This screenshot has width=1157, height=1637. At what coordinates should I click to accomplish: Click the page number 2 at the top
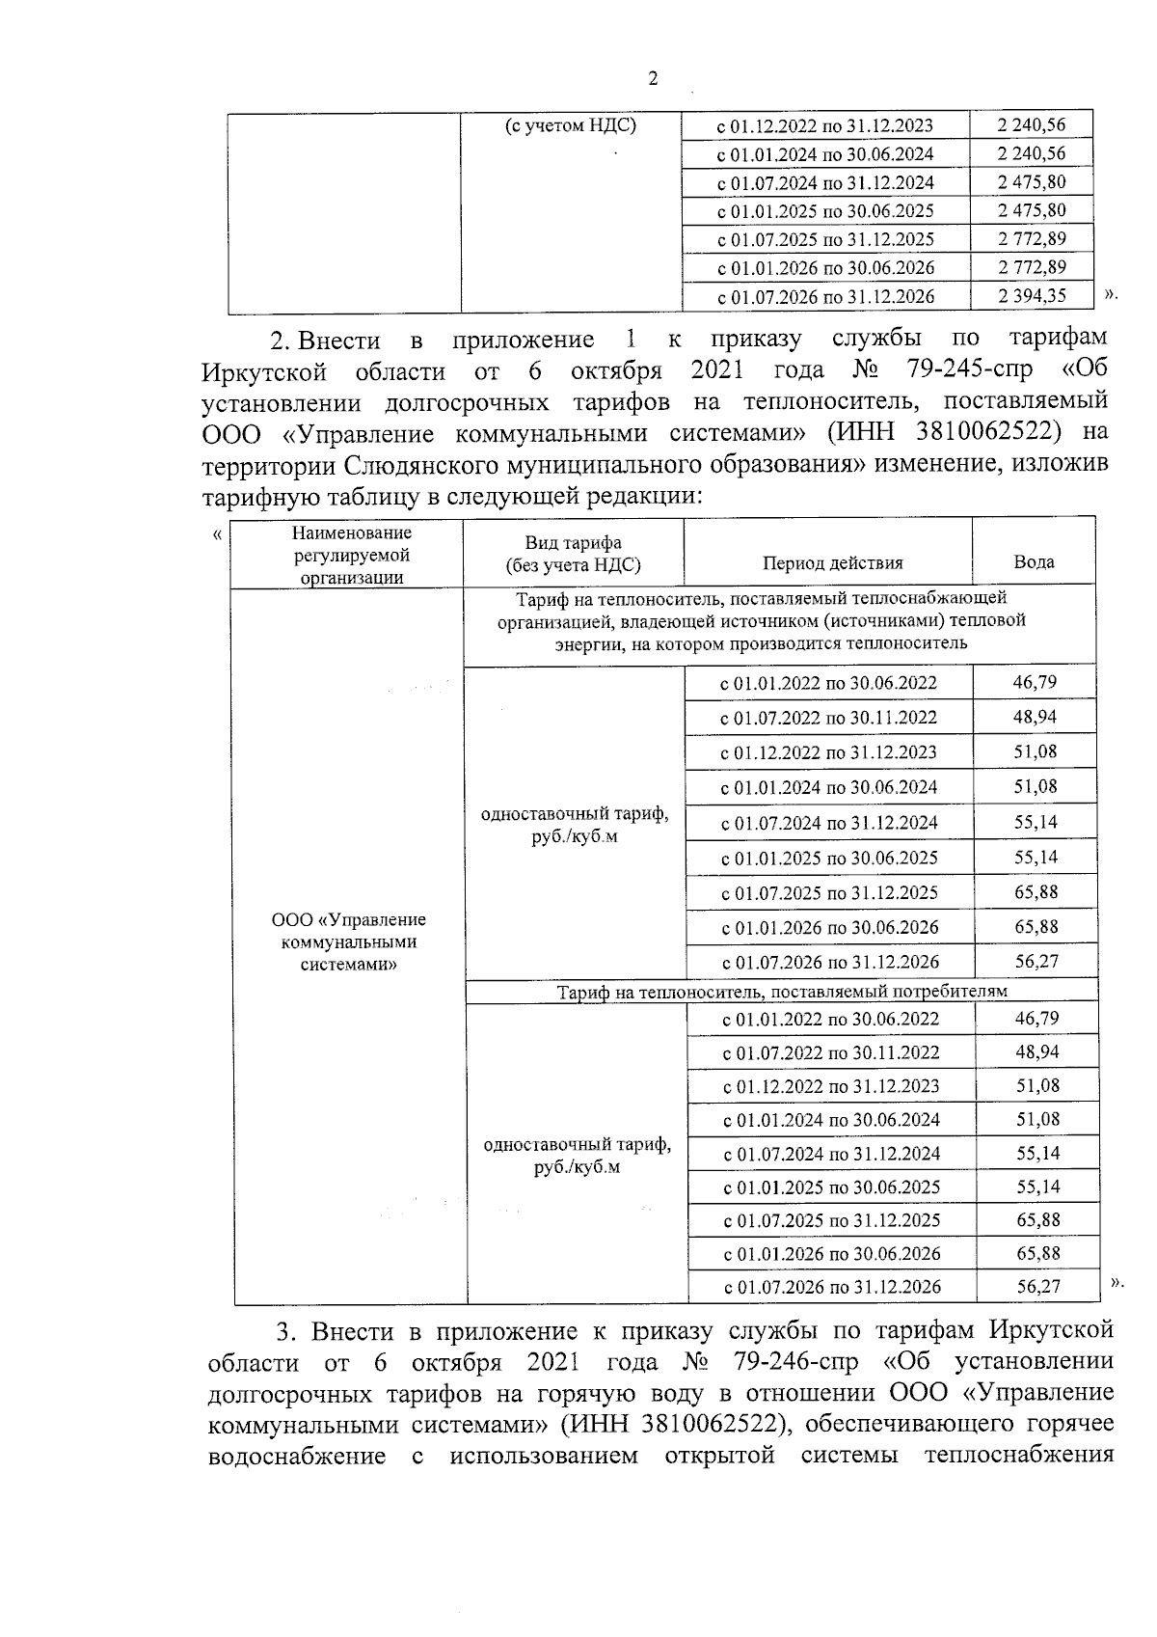[652, 80]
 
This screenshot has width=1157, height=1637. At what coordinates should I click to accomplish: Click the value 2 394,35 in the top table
[1032, 296]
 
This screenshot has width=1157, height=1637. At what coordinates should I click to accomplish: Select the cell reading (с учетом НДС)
[571, 126]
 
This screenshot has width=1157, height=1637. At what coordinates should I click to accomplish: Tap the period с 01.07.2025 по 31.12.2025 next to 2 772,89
[825, 239]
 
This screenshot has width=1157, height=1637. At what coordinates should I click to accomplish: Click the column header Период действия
[832, 563]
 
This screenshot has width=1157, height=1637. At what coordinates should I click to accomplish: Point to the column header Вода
[1034, 561]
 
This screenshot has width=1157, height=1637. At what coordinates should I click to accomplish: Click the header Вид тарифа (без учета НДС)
[573, 555]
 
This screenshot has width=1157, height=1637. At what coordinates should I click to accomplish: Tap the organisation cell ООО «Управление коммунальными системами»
[348, 941]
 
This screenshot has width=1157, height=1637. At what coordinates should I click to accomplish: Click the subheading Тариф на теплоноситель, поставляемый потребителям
[782, 991]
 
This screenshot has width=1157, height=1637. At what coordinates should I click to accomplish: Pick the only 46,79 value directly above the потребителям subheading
[1035, 683]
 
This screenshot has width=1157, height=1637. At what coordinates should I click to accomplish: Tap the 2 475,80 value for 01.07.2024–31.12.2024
[1032, 182]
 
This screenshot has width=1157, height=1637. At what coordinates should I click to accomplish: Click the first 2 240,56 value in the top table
[1032, 125]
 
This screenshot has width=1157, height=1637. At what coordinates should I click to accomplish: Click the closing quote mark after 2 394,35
[1110, 294]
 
